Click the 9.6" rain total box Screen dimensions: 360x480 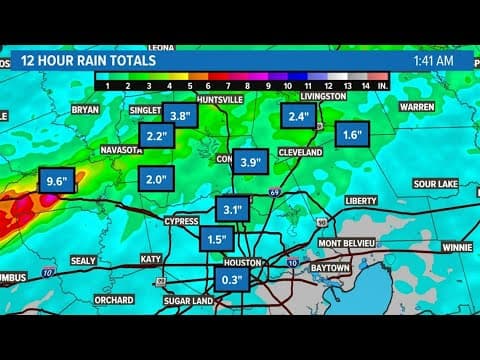click(x=56, y=182)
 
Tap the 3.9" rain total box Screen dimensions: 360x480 click(x=251, y=160)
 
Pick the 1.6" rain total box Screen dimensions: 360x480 click(x=351, y=134)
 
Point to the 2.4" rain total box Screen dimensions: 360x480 click(x=297, y=117)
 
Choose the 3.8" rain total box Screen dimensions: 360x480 click(x=180, y=115)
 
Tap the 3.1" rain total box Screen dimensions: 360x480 click(x=233, y=210)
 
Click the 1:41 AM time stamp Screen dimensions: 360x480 click(x=432, y=60)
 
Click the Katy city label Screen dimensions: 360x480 click(x=150, y=259)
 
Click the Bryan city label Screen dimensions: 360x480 click(x=85, y=110)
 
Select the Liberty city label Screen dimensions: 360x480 click(x=361, y=200)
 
